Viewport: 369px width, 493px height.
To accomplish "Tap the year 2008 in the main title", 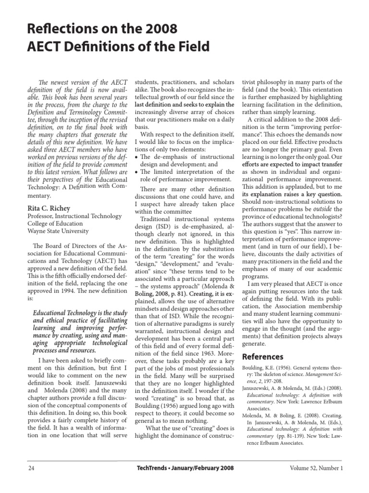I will click(x=160, y=30).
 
